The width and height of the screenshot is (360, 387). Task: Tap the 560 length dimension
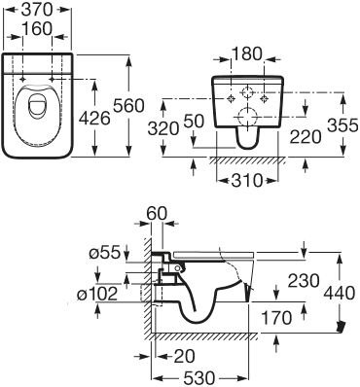(x=153, y=104)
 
